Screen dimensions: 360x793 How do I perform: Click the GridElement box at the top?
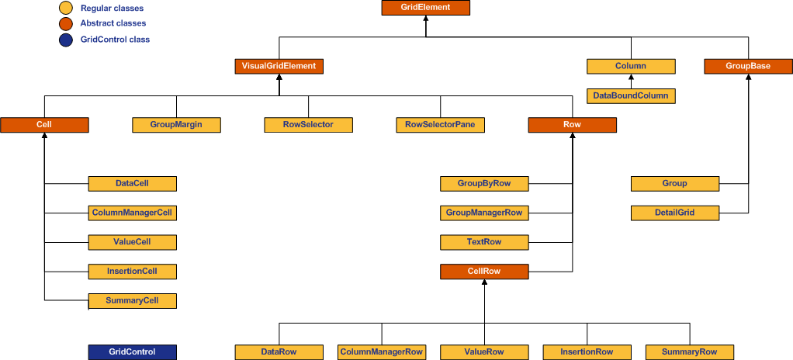426,8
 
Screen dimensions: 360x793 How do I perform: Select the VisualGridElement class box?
279,66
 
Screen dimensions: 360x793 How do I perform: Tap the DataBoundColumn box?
630,95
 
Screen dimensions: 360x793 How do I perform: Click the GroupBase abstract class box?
748,66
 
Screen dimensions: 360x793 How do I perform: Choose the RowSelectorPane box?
440,124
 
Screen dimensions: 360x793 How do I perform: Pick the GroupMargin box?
176,124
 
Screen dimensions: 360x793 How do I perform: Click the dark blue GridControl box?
132,351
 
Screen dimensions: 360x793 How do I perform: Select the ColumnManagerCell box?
132,213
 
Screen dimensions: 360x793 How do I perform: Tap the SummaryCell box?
132,300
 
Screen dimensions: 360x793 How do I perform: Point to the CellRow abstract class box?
484,272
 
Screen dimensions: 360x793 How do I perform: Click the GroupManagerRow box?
484,213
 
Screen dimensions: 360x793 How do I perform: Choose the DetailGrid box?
675,213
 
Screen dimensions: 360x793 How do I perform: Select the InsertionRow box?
587,351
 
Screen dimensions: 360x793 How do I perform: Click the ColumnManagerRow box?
382,351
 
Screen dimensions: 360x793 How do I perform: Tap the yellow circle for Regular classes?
67,9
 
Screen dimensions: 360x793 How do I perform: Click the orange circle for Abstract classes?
67,24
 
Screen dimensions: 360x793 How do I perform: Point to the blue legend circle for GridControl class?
67,40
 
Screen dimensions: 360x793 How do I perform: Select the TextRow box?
484,242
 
